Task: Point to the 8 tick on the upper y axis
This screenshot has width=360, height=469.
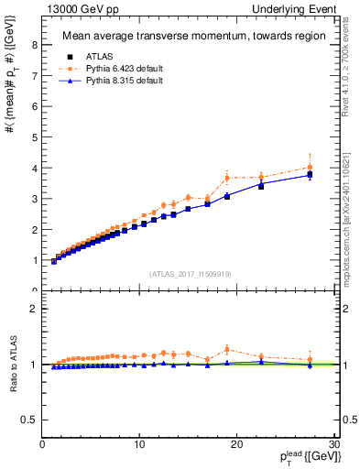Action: (x=35, y=45)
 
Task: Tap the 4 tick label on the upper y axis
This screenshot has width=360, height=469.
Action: (x=35, y=169)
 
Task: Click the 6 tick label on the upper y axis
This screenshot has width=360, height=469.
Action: (x=35, y=106)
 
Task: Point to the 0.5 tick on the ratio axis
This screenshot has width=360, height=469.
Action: (x=30, y=420)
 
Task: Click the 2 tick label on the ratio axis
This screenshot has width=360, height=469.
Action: (x=35, y=309)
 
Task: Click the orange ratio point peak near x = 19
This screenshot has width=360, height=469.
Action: (x=227, y=349)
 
